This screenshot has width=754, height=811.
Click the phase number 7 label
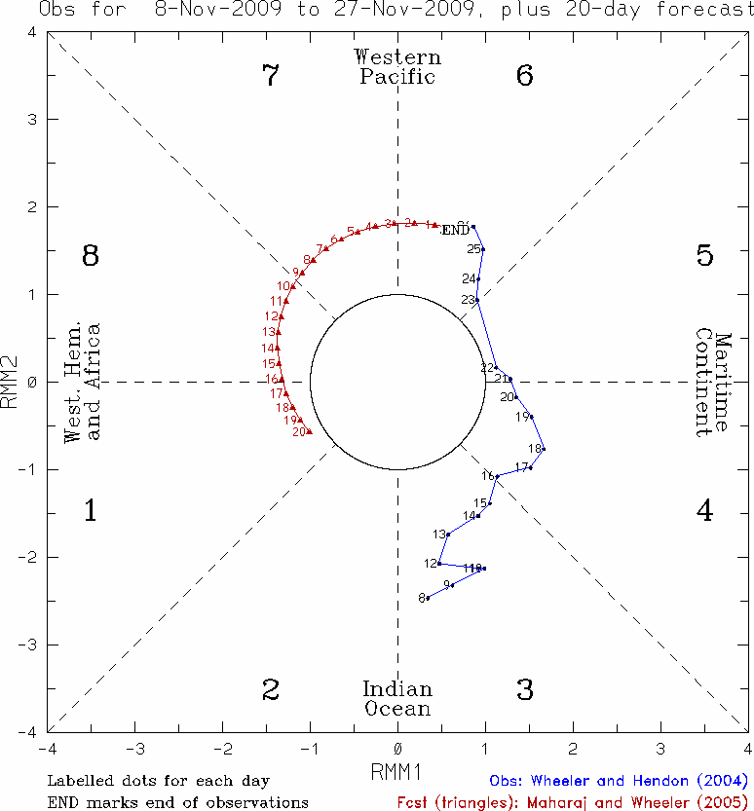(x=271, y=76)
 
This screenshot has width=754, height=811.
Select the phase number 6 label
(x=525, y=76)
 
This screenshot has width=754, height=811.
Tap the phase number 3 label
(x=525, y=690)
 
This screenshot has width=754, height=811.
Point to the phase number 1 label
(x=90, y=510)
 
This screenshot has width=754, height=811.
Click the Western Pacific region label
(x=397, y=67)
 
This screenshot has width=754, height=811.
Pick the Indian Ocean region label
(x=397, y=698)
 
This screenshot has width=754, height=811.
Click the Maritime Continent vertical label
(x=713, y=385)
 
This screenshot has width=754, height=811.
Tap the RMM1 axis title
(x=396, y=771)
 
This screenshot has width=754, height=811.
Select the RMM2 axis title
(x=13, y=382)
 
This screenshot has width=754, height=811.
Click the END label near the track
(x=455, y=231)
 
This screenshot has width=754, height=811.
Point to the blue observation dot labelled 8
(x=429, y=597)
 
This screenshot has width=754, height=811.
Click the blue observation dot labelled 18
(x=543, y=449)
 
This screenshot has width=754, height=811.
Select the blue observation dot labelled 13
(x=448, y=534)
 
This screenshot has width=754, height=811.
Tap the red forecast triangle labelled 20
(x=310, y=430)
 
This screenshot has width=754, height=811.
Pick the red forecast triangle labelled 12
(x=282, y=316)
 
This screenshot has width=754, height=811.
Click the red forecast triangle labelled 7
(x=326, y=249)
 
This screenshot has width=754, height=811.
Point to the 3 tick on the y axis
(x=33, y=119)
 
